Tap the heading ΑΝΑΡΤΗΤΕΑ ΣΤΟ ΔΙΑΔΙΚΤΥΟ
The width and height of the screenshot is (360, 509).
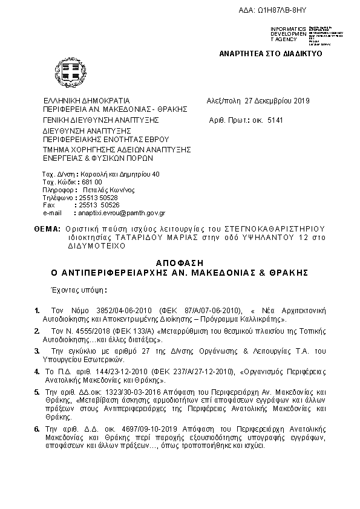(270, 54)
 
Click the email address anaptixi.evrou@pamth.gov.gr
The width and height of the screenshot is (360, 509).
(120, 213)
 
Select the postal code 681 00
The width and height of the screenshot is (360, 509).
(91, 182)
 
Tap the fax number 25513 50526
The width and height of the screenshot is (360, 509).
(99, 206)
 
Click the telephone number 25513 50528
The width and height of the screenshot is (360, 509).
(99, 198)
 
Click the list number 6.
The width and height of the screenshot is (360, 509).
(36, 429)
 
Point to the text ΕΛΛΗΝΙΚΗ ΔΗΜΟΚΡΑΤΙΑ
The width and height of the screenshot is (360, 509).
(87, 101)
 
